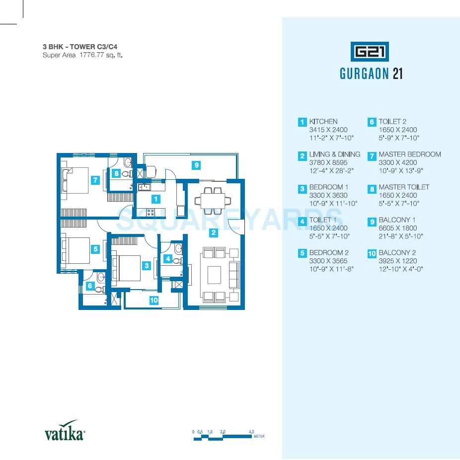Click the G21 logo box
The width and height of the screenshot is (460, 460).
(371, 52)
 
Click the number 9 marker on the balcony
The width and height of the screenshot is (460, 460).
(197, 165)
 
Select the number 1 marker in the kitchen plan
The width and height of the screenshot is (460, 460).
(156, 199)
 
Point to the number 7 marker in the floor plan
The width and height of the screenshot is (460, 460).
(95, 180)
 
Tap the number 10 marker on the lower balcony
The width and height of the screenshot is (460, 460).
(154, 300)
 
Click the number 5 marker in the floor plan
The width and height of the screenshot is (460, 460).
(95, 249)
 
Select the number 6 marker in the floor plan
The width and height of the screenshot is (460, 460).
(90, 286)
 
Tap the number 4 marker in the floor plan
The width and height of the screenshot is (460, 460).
(168, 259)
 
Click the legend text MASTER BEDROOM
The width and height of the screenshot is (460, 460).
(410, 154)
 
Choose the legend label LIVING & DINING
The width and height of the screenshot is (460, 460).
(334, 154)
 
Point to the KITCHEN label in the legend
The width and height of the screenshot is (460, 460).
(323, 122)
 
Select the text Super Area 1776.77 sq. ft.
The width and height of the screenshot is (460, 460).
(82, 55)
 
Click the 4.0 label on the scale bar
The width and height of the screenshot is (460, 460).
(251, 432)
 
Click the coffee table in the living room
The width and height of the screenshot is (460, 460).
(214, 274)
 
